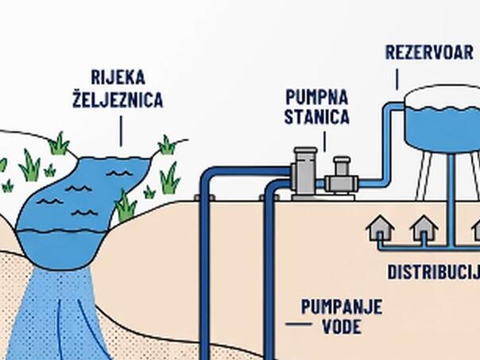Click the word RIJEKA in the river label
point(118,77)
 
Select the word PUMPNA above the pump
point(317,97)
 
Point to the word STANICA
point(317,116)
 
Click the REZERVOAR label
point(429,52)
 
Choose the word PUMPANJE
point(342,307)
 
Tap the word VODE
point(342,327)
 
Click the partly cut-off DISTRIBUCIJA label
point(433,272)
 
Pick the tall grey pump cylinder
point(304,173)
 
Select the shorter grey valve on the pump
point(342,176)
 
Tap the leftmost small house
point(380,228)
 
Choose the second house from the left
point(424,228)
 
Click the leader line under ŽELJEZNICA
point(121,131)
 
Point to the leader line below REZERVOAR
point(397,79)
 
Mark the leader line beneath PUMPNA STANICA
point(325,141)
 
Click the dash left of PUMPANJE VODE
point(299,324)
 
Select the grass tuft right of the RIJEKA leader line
point(167,145)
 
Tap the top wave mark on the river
point(119,173)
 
